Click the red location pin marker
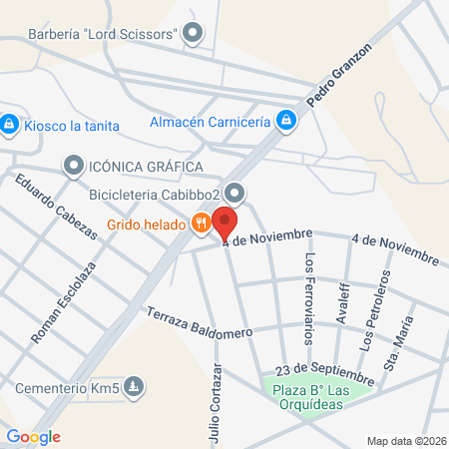(x=226, y=224)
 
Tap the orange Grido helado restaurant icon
(x=202, y=224)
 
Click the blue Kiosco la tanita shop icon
(x=9, y=125)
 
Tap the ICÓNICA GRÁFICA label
(x=146, y=165)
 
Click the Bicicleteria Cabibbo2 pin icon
(x=234, y=192)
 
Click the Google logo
(x=33, y=437)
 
